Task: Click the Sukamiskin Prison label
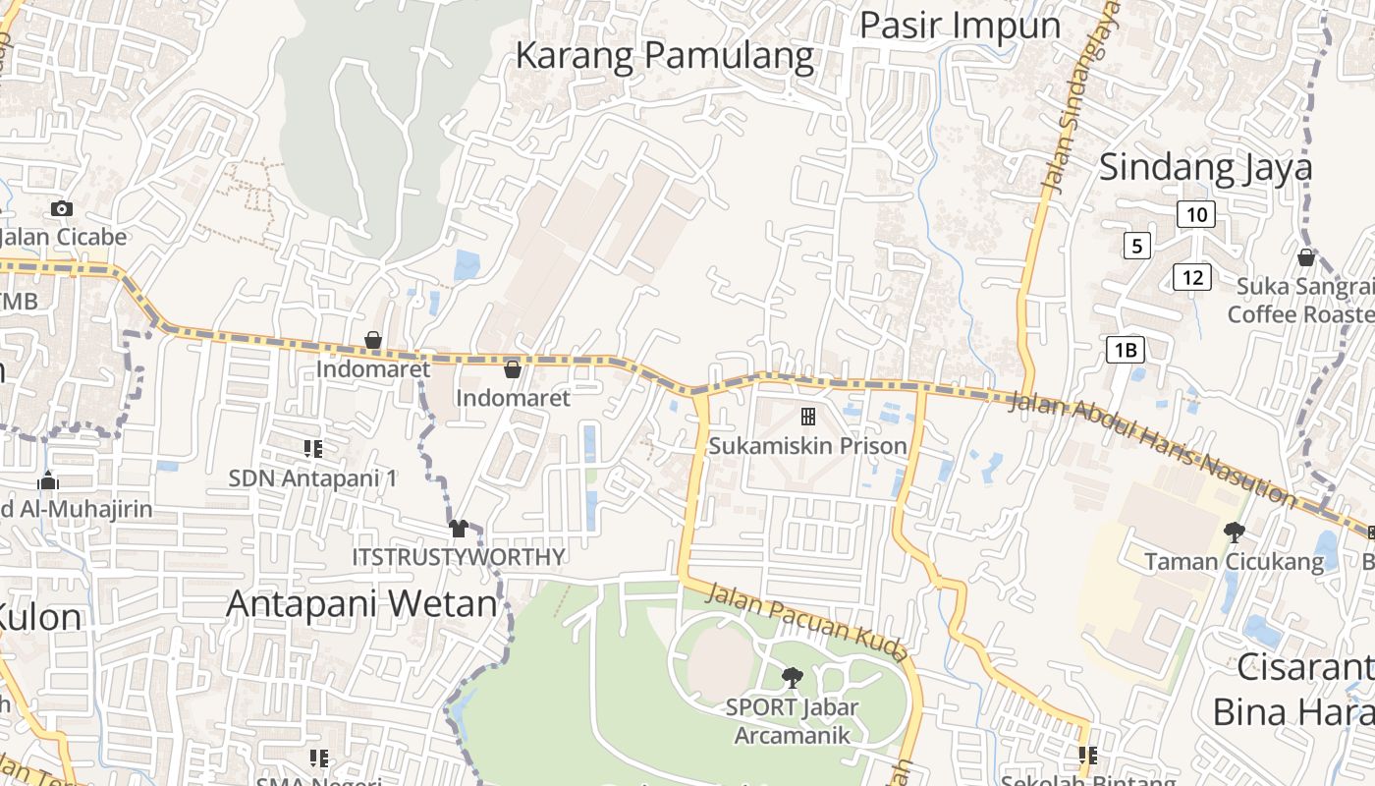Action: (808, 446)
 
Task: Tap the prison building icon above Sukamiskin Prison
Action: (808, 417)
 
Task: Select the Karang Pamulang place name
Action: (665, 56)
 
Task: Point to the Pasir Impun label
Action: (960, 25)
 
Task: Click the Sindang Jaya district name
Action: (1205, 167)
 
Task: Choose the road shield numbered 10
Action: (1195, 214)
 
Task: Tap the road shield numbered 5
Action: (1136, 245)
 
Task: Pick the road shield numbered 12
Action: (1192, 277)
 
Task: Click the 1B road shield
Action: (1126, 349)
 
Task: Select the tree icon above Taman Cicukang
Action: (1234, 533)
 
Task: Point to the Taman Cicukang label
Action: (1234, 562)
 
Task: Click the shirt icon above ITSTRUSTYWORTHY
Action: (458, 529)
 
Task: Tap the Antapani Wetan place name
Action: (361, 602)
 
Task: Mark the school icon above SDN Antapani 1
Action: (313, 449)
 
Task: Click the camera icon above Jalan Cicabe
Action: (62, 208)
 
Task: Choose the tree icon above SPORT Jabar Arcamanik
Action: (792, 677)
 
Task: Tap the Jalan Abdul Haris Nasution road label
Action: (1151, 448)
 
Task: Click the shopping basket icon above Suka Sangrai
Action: (1306, 257)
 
